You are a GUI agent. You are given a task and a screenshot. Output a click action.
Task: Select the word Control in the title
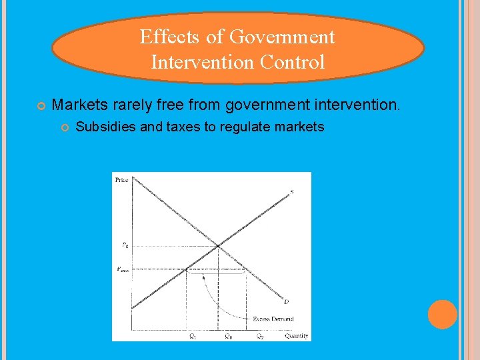[294, 63]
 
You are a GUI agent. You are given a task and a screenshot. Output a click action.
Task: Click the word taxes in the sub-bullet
[179, 127]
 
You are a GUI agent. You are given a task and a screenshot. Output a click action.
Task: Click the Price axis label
[122, 180]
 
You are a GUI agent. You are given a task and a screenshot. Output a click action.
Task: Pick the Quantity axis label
[297, 336]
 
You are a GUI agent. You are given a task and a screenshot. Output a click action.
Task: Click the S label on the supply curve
[291, 193]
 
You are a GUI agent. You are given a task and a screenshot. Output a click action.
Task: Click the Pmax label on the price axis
[123, 269]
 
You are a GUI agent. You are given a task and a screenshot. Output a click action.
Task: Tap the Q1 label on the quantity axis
[193, 336]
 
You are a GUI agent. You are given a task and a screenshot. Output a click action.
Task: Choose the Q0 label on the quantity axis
[228, 336]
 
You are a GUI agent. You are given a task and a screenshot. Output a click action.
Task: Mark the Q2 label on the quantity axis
[261, 336]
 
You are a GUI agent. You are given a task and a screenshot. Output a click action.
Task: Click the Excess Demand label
[273, 319]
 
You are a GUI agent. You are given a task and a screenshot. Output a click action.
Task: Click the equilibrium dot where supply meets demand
[218, 246]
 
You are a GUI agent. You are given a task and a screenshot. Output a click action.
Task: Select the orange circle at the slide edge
[443, 315]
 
